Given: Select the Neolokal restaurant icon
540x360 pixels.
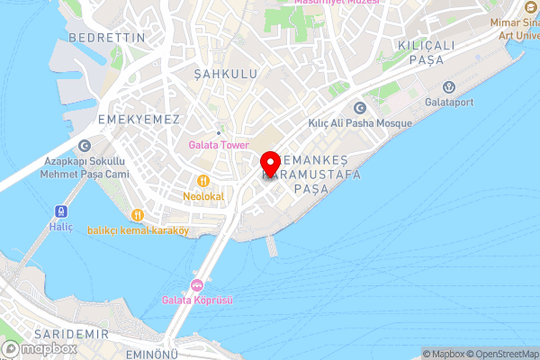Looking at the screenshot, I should pos(203,179).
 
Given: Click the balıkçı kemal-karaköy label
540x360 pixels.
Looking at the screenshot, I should pos(138,230).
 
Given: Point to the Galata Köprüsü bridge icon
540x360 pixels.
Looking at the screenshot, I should pos(196,284).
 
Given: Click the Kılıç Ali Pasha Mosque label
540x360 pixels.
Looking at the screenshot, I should pos(359,123).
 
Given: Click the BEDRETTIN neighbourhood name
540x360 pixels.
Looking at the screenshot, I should pos(105,38).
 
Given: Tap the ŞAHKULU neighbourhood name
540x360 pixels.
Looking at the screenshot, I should pos(226,73).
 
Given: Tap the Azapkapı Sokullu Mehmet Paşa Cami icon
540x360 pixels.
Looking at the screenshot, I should pos(84,145).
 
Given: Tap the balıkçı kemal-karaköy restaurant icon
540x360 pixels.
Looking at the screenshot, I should pos(138,215).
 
